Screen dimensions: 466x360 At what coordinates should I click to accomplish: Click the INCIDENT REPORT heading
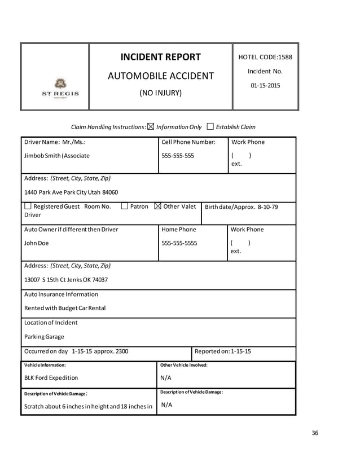160,57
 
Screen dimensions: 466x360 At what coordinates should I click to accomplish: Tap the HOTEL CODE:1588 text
265,57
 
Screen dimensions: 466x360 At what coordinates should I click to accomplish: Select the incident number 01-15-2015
265,86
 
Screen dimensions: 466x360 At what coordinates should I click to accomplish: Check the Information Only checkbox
150,127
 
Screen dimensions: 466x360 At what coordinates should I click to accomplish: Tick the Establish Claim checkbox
210,127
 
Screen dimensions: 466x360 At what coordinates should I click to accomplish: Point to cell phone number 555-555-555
178,155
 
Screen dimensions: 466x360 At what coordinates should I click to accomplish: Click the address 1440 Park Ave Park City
71,192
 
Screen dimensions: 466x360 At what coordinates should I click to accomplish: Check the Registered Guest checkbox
28,206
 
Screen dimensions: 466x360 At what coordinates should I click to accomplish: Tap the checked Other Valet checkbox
157,206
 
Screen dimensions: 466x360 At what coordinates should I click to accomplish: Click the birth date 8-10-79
267,207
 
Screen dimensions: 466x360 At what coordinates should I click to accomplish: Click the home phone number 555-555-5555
179,243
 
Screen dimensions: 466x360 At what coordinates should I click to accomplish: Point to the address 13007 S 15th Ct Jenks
66,279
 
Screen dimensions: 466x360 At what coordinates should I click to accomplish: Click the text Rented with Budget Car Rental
64,308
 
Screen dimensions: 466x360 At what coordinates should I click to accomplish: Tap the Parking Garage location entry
44,337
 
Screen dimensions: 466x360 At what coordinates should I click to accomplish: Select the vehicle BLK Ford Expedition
51,377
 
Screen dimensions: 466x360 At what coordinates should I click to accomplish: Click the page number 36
315,433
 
